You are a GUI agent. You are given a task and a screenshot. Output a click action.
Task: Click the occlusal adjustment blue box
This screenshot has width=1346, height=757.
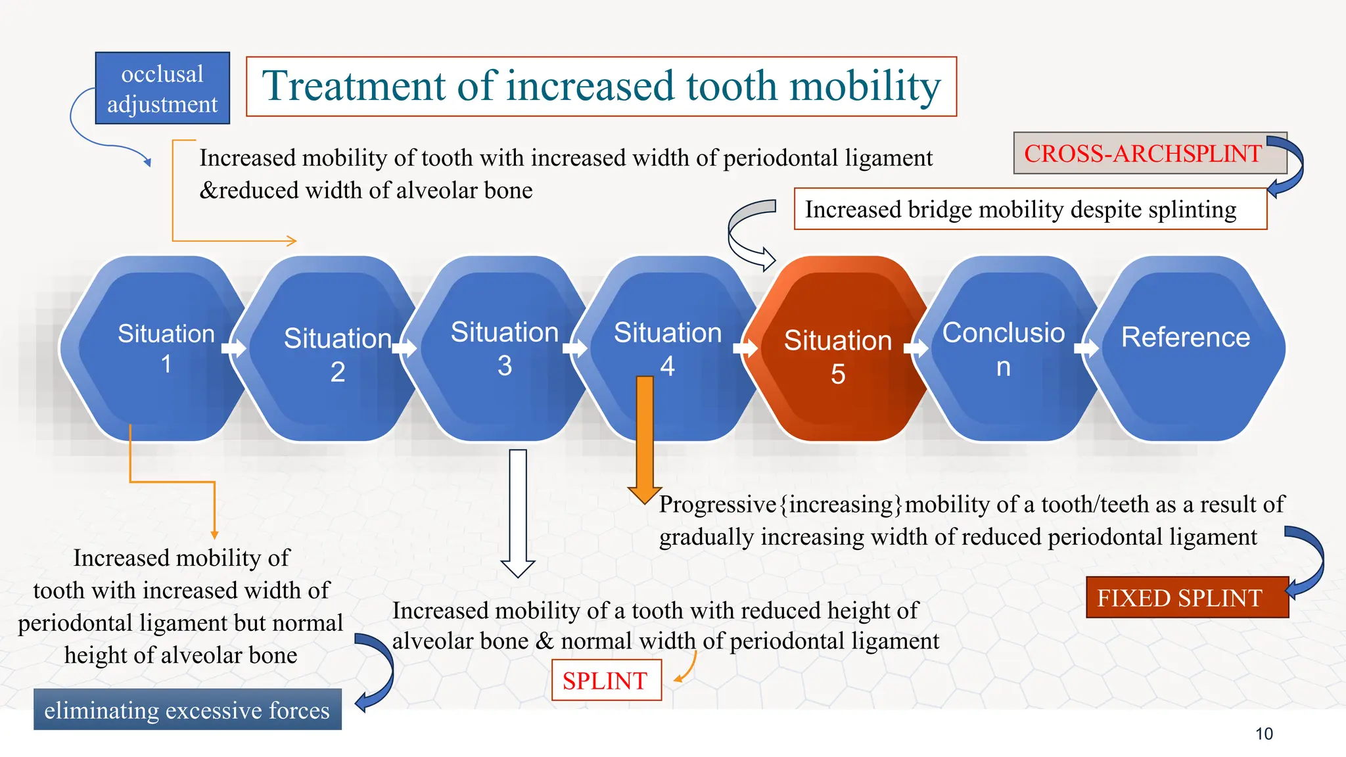pyautogui.click(x=162, y=88)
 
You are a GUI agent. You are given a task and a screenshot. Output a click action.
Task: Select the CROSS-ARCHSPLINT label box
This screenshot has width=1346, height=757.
pyautogui.click(x=1142, y=153)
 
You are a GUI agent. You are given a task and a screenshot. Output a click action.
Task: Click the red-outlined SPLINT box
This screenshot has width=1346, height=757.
pyautogui.click(x=605, y=681)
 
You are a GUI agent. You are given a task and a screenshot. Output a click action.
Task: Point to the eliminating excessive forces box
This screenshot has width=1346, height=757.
pyautogui.click(x=187, y=710)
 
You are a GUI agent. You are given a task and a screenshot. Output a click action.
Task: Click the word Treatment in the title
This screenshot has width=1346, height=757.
pyautogui.click(x=355, y=86)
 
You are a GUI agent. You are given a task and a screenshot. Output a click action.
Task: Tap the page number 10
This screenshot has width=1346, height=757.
pyautogui.click(x=1264, y=734)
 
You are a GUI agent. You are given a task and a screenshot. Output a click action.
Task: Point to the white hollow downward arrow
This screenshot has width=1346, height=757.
pyautogui.click(x=518, y=513)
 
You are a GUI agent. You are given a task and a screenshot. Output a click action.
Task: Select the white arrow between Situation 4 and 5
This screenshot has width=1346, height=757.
pyautogui.click(x=745, y=348)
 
